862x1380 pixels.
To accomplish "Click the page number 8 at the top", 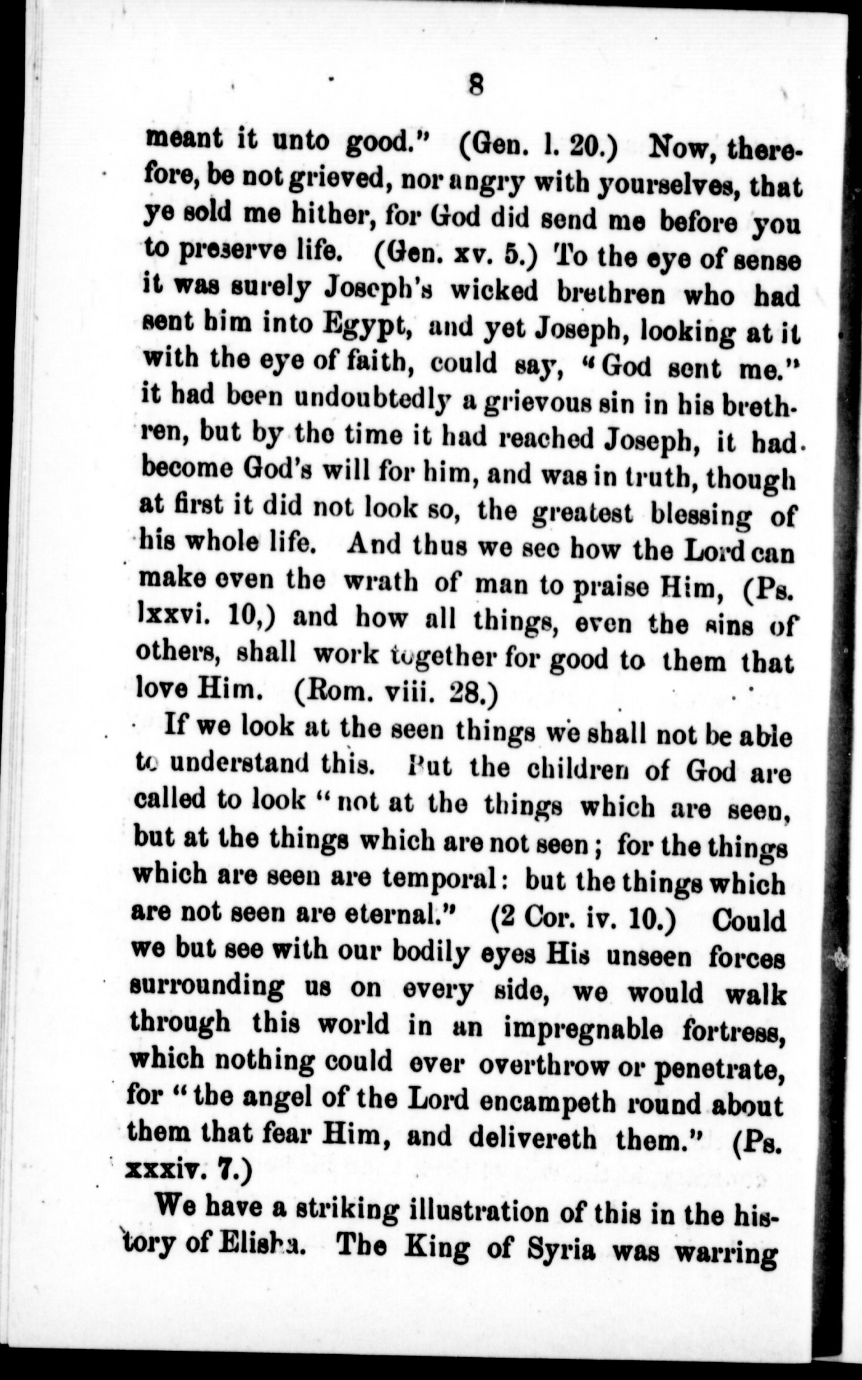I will pos(475,84).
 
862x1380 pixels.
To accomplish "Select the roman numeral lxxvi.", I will pos(176,619).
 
